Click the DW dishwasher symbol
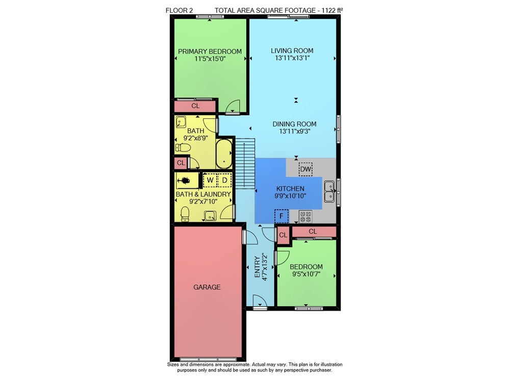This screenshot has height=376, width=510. coord(305,169)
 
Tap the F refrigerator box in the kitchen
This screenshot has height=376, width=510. coord(282,216)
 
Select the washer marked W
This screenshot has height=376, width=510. coord(210,180)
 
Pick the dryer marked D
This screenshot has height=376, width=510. coord(224,180)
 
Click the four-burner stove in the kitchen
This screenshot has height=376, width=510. coord(305,217)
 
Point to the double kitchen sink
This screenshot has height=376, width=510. coord(329,192)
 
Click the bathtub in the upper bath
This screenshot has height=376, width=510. coord(224,154)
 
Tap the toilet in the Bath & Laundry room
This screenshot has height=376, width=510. coord(185,214)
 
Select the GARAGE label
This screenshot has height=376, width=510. coord(207,287)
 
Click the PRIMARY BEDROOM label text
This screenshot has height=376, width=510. coord(210,52)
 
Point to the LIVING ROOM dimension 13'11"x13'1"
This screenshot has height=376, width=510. coord(292,58)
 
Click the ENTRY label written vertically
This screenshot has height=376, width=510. coord(257,267)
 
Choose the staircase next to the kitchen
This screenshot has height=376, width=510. coord(245,163)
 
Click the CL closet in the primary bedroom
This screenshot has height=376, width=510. coord(195,106)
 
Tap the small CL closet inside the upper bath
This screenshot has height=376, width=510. coord(181,163)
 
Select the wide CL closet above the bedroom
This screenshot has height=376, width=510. coord(314,232)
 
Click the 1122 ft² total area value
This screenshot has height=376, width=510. coord(332,10)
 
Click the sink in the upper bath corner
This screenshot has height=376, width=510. coord(181,122)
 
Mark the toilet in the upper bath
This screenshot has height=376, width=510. coord(183,148)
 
